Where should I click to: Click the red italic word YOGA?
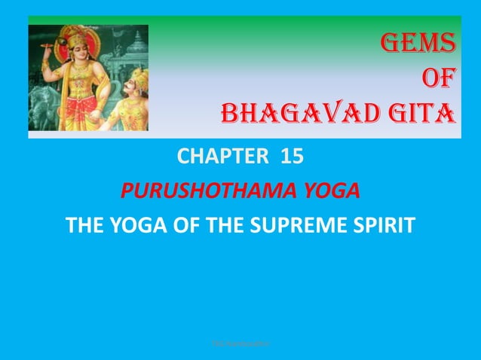(326, 191)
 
